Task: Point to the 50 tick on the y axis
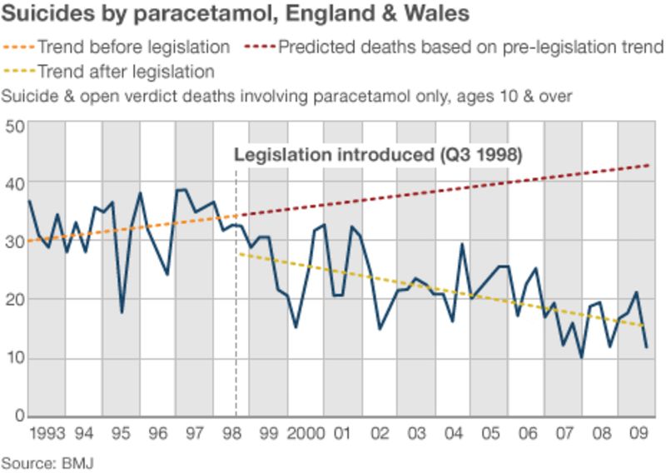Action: (13, 127)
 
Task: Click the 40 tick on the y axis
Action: (13, 182)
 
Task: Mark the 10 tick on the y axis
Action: (13, 358)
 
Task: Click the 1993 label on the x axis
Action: (47, 434)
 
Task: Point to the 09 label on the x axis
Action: (637, 434)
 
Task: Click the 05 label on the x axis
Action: (490, 434)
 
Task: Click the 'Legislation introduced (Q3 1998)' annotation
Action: (378, 155)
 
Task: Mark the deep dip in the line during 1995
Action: (122, 313)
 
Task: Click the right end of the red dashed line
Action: (649, 165)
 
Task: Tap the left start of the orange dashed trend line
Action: (29, 241)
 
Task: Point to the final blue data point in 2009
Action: (647, 347)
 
